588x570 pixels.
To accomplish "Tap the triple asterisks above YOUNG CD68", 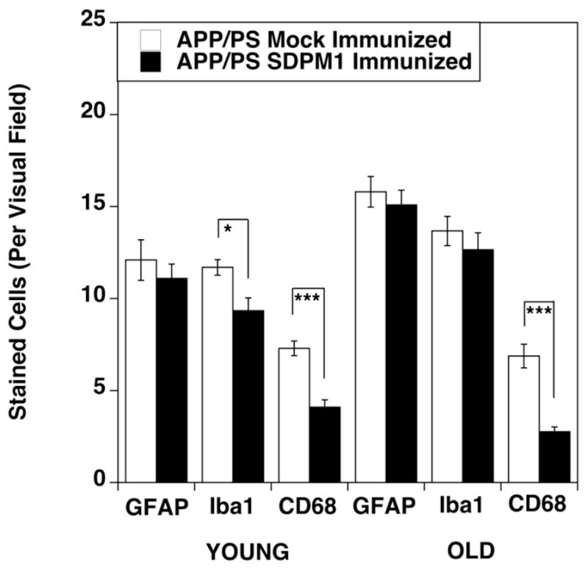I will [307, 299].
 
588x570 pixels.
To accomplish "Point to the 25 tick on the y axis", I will [93, 23].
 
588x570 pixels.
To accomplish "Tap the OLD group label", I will [464, 550].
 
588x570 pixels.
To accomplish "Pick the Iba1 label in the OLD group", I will [464, 505].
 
